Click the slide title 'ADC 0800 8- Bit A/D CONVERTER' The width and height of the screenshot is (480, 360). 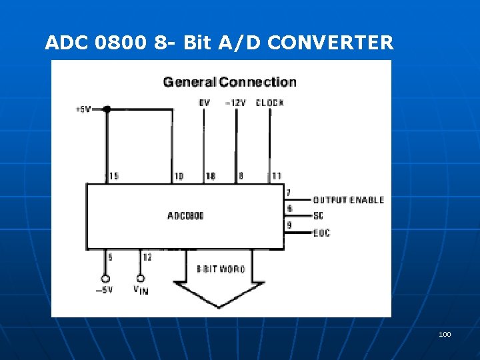coord(219,43)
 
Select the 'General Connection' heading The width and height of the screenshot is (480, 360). coord(230,82)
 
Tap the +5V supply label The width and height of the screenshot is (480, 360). coord(83,109)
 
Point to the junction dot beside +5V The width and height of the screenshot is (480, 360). coord(106,109)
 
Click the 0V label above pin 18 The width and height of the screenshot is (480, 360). coord(204,103)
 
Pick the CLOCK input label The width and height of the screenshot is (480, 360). coord(270,103)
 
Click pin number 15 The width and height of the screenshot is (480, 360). coord(113,176)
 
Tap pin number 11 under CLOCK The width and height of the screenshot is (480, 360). coord(276,176)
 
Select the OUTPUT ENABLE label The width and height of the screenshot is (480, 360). coord(348,200)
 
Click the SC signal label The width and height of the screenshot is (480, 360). coord(318,216)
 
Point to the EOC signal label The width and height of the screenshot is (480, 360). coord(321,233)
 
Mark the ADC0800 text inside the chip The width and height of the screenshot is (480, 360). coord(185,215)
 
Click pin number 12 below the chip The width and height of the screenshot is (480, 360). coord(147,257)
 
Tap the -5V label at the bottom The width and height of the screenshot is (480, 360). coord(104,290)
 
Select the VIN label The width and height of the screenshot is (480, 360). coord(141,290)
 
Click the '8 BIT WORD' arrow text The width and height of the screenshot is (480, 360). coord(221,269)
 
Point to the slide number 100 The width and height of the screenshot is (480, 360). coord(445,333)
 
